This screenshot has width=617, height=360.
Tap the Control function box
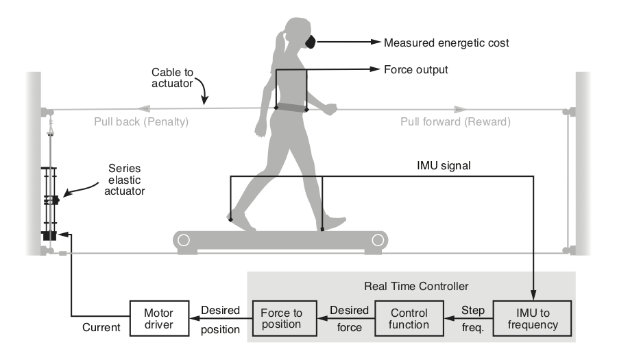(x=404, y=317)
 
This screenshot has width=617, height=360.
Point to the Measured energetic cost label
(x=446, y=43)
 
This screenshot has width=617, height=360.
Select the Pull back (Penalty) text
(x=141, y=122)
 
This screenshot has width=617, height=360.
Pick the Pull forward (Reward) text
(x=456, y=122)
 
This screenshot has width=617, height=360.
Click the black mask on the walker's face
(x=311, y=42)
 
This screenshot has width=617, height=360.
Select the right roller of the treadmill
(x=377, y=240)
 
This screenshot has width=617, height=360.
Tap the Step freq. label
(x=472, y=317)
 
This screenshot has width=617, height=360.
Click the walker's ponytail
(x=279, y=48)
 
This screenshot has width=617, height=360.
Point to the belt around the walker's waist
(x=292, y=108)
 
